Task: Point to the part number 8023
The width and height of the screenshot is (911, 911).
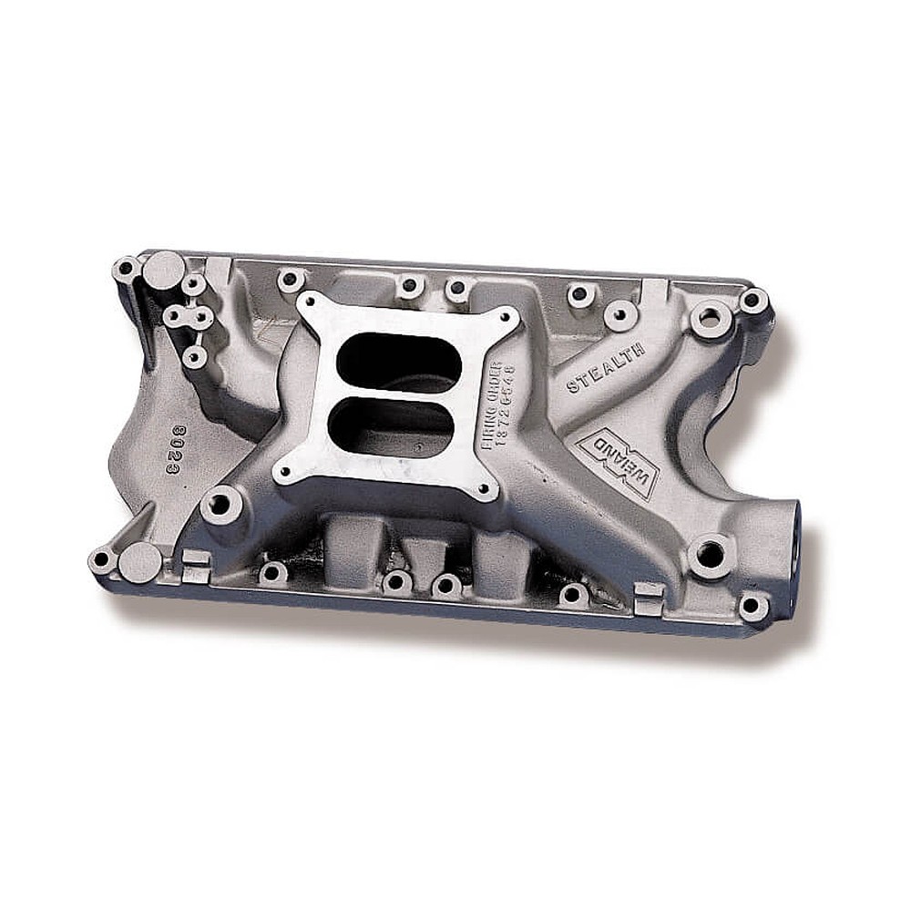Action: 179,447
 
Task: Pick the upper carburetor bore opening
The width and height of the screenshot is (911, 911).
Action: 398,363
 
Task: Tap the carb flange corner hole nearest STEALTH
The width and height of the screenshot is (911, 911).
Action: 500,318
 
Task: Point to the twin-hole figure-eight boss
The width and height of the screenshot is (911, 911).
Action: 189,317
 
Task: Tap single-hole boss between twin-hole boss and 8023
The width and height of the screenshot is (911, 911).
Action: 193,357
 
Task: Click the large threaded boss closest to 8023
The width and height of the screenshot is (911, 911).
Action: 221,504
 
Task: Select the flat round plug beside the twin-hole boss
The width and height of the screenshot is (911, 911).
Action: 164,267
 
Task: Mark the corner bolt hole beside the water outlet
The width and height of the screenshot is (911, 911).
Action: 753,606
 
